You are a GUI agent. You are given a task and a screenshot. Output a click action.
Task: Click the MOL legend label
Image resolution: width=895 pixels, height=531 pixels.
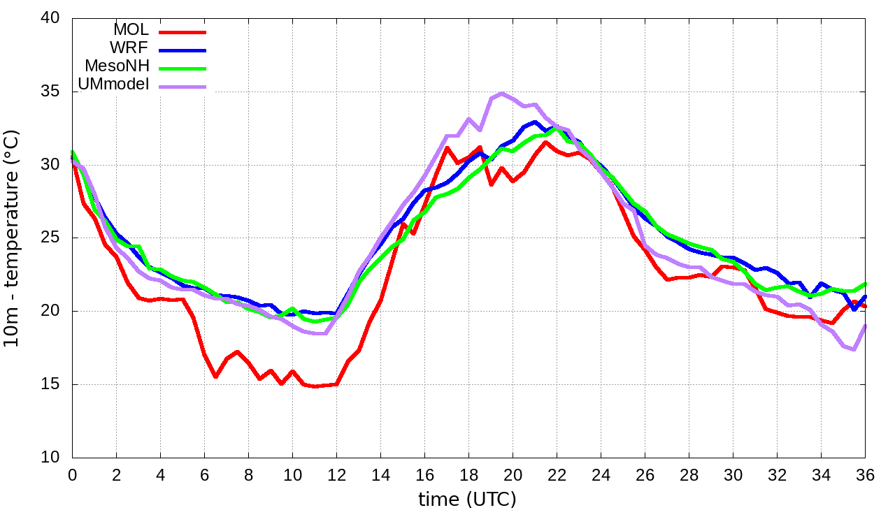131,30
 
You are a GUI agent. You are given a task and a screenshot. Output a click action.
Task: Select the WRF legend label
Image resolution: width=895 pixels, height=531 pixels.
129,48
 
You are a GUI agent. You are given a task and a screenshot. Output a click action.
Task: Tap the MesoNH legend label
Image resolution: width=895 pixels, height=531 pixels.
116,66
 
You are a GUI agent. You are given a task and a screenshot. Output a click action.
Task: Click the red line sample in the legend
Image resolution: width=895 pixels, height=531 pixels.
182,32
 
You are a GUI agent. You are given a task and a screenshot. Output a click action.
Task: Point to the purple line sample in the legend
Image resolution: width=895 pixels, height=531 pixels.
182,87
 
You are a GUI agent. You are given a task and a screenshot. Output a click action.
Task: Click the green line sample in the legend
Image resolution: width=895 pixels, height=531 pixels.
182,68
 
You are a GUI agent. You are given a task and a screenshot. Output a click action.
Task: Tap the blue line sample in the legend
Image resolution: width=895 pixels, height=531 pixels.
182,50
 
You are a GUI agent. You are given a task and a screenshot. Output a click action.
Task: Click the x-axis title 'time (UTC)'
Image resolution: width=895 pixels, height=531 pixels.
467,500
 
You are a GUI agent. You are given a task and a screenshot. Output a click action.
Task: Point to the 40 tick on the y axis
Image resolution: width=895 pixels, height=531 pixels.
50,18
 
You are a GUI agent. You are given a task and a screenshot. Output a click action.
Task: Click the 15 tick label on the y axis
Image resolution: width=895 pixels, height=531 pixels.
50,384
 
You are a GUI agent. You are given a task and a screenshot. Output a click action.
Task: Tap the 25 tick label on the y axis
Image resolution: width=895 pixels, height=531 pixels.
50,238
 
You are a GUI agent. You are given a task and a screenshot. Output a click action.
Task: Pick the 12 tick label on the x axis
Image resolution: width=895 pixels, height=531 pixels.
336,474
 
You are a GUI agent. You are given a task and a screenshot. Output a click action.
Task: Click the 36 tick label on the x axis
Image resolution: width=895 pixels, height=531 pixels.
865,474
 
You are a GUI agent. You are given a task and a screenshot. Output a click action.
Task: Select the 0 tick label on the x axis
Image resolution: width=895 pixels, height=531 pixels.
72,474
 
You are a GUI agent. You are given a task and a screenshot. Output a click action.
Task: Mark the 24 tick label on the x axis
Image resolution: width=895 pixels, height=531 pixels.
601,474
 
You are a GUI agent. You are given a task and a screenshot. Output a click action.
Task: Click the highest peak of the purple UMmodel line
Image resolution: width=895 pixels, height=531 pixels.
502,93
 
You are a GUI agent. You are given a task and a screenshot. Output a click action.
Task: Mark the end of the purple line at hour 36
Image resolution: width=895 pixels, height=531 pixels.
866,326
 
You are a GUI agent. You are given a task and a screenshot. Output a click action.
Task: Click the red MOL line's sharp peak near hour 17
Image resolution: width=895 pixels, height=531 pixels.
447,147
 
